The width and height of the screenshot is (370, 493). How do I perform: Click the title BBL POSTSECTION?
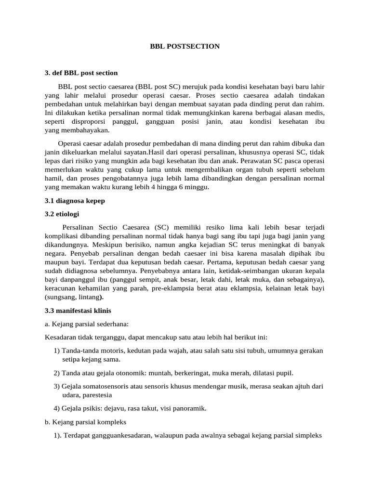pos(185,46)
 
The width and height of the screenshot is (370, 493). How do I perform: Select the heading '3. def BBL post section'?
pos(81,73)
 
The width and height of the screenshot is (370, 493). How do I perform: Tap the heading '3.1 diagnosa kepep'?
pos(75,201)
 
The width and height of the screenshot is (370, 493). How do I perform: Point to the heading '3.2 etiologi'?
pos(62,214)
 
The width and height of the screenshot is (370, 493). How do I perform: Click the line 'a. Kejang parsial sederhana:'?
pos(86,324)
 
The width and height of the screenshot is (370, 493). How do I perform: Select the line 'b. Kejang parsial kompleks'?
pos(85,422)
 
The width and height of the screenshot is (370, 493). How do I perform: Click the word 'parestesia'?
pos(97,395)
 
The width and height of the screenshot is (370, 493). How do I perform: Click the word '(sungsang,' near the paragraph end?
pos(61,297)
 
